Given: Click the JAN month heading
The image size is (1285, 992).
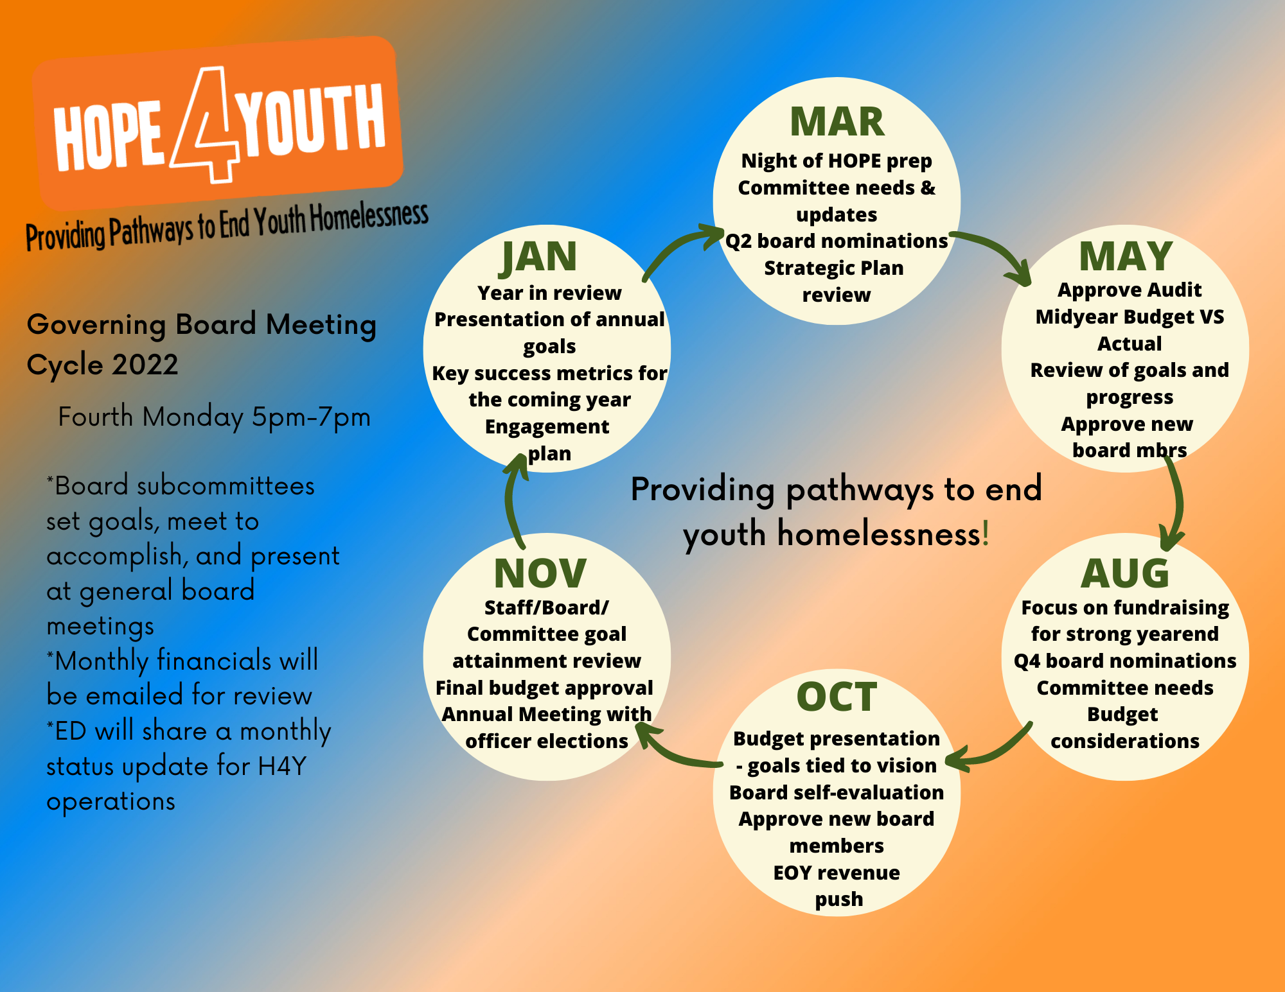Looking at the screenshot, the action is click(x=538, y=258).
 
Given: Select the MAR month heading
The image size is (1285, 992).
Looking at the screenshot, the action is click(x=837, y=122).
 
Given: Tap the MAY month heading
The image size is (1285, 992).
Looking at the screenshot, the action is click(x=1126, y=256).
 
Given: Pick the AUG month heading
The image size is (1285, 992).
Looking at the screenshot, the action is click(x=1125, y=573).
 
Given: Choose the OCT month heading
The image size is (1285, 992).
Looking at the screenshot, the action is click(x=837, y=697).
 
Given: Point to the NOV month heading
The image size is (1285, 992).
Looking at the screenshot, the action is click(x=540, y=573).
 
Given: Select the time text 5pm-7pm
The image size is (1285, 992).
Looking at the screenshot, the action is click(x=311, y=417).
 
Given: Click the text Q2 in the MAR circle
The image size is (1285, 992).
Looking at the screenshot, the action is click(x=738, y=241).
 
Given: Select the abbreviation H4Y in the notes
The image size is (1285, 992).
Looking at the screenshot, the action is click(x=282, y=766).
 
